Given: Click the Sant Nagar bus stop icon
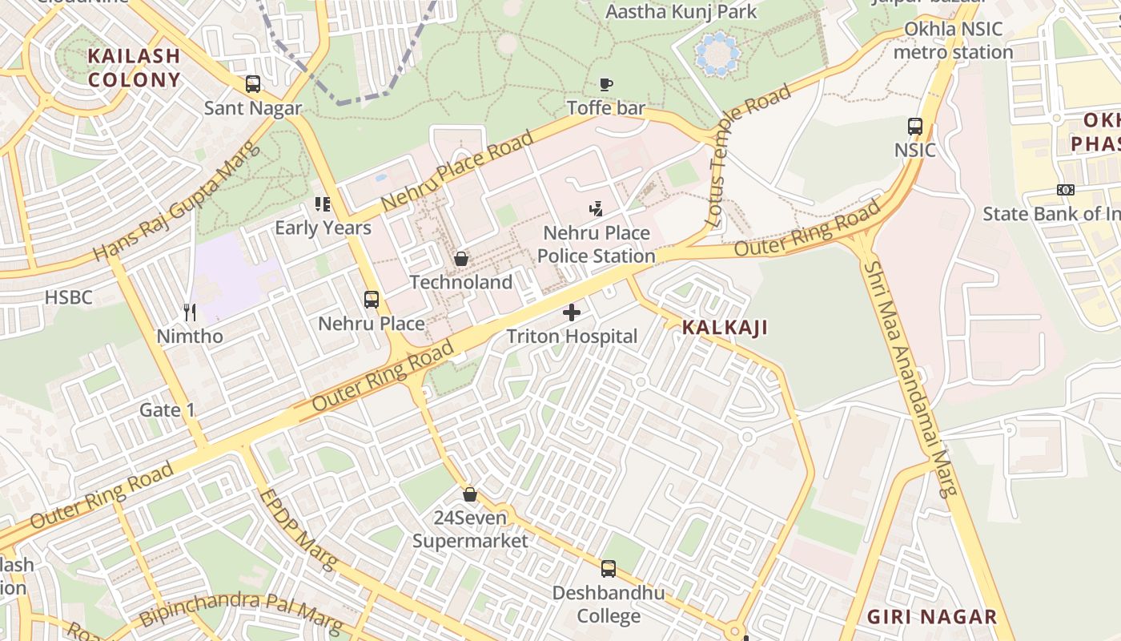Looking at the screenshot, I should pyautogui.click(x=253, y=84).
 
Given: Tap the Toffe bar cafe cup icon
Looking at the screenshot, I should pyautogui.click(x=606, y=84).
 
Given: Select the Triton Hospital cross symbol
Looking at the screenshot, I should pyautogui.click(x=572, y=312).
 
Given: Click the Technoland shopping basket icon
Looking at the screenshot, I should pyautogui.click(x=461, y=259).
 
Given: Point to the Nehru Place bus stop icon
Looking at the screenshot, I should pyautogui.click(x=372, y=300).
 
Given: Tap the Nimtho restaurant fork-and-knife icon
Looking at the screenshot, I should pyautogui.click(x=190, y=312).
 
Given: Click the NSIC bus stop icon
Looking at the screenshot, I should pyautogui.click(x=915, y=127).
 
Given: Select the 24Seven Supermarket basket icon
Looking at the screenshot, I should pyautogui.click(x=470, y=494).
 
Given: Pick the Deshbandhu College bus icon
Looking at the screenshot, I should pyautogui.click(x=609, y=569).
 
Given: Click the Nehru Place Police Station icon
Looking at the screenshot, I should pyautogui.click(x=596, y=210).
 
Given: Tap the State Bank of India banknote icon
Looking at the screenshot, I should pyautogui.click(x=1065, y=190).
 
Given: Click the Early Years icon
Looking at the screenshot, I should pyautogui.click(x=323, y=204).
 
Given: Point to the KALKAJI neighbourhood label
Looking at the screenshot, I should pyautogui.click(x=725, y=327).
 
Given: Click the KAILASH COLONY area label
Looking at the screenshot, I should pyautogui.click(x=135, y=68).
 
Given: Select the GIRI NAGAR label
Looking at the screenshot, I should pyautogui.click(x=933, y=617).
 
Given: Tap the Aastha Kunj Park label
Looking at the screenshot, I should pyautogui.click(x=681, y=12).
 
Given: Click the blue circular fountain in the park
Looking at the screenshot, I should pyautogui.click(x=718, y=54).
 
